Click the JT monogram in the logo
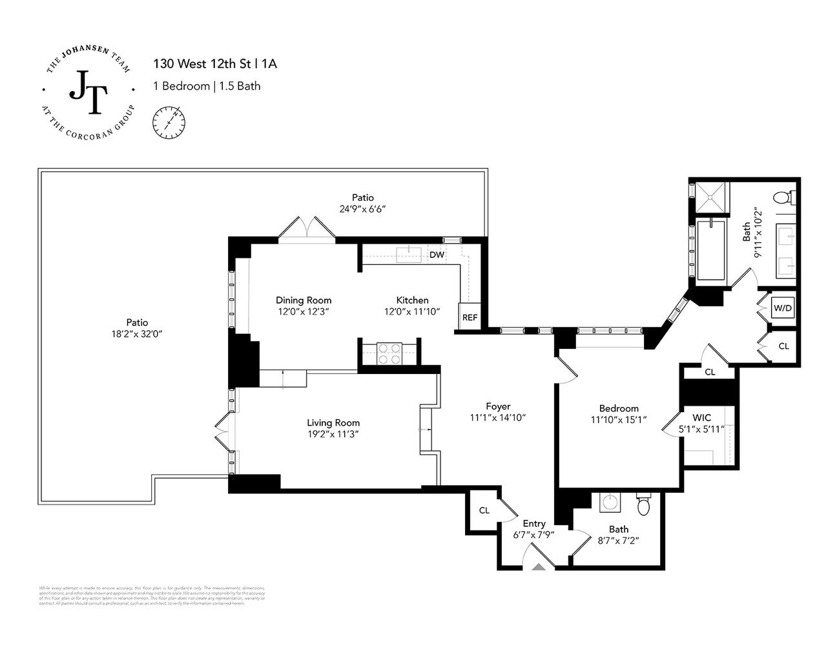pos(88,92)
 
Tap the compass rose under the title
pos(169,122)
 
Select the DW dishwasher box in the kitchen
pos(437,255)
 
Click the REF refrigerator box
pos(470,317)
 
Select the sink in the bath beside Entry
pos(608,501)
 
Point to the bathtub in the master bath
pos(710,249)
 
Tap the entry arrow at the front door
pos(538,567)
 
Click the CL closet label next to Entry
pos(484,510)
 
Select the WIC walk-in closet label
pos(701,417)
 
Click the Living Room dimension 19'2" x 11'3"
pos(333,434)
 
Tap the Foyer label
pos(498,406)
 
